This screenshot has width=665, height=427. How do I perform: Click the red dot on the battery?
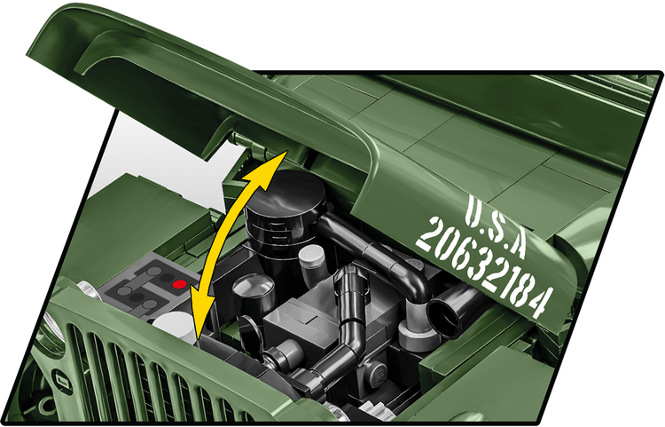179,285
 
